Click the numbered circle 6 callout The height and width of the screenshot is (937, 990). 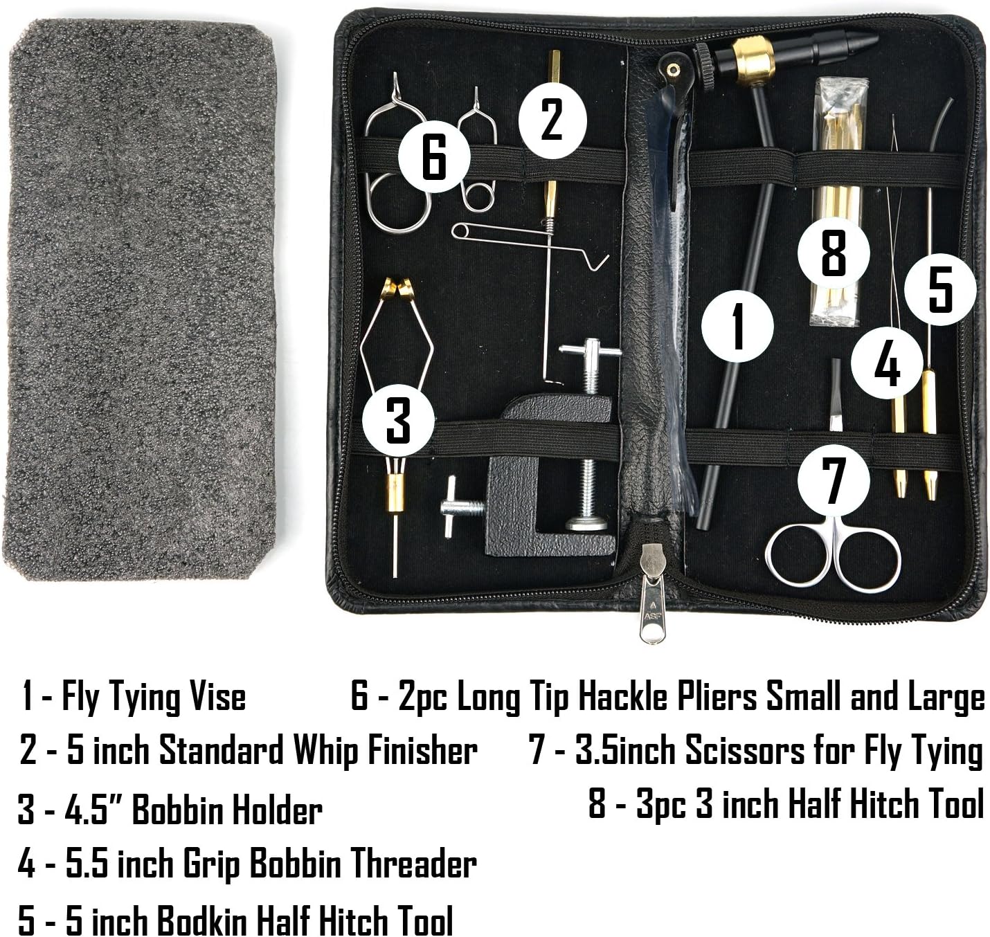tap(434, 156)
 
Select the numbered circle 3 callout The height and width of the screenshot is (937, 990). tap(398, 419)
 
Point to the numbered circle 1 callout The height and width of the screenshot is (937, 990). tap(737, 326)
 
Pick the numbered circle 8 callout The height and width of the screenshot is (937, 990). tap(834, 253)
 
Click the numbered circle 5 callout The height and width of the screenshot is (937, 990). tap(940, 289)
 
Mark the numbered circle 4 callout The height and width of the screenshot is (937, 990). tap(887, 363)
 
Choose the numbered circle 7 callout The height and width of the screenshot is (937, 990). tap(834, 480)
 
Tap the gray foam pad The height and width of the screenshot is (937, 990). tap(142, 298)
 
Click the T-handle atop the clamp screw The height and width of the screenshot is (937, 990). tap(590, 349)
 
